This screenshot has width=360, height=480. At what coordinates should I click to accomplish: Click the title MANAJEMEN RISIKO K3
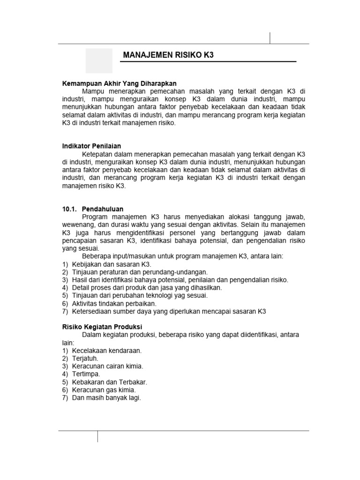click(x=168, y=55)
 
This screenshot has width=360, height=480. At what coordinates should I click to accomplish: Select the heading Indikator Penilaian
click(x=92, y=146)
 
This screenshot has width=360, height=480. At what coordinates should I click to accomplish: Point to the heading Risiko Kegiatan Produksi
click(x=102, y=327)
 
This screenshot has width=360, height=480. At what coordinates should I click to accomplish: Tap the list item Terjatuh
click(x=85, y=359)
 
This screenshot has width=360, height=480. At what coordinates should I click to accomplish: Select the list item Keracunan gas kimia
click(x=104, y=390)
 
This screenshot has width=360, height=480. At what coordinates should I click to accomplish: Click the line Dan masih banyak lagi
click(x=106, y=398)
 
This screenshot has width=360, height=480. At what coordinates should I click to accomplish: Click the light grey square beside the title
click(x=99, y=61)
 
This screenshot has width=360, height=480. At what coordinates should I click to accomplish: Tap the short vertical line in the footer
click(x=97, y=436)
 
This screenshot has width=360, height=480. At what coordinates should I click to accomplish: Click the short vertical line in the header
click(x=270, y=38)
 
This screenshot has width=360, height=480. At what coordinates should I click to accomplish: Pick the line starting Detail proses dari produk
click(x=147, y=288)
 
